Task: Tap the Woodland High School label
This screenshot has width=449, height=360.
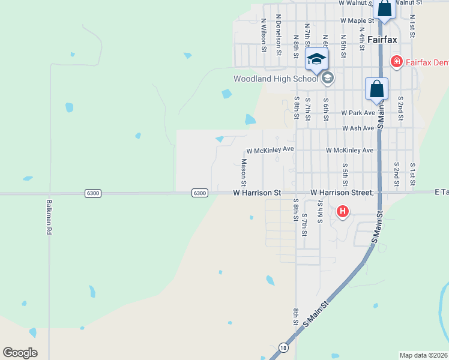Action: [276, 79]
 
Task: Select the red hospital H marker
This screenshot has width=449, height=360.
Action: [343, 211]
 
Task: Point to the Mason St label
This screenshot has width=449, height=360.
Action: [244, 171]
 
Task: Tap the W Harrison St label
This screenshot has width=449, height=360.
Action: [257, 193]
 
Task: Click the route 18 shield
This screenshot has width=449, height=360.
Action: [283, 347]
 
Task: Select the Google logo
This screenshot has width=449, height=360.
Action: [20, 353]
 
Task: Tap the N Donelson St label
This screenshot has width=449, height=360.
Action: [279, 35]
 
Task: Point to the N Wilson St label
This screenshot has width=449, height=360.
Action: [264, 35]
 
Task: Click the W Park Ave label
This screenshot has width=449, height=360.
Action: [358, 112]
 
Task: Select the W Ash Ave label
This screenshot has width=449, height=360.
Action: [358, 128]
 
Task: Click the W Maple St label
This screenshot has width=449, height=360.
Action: [357, 20]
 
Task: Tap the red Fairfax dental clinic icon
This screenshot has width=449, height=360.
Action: [396, 61]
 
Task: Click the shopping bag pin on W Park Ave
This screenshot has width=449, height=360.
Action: [376, 89]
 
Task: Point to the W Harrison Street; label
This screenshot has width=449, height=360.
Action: [342, 193]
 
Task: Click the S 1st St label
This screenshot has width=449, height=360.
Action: [412, 173]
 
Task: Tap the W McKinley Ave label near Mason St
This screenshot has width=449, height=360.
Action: [270, 150]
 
